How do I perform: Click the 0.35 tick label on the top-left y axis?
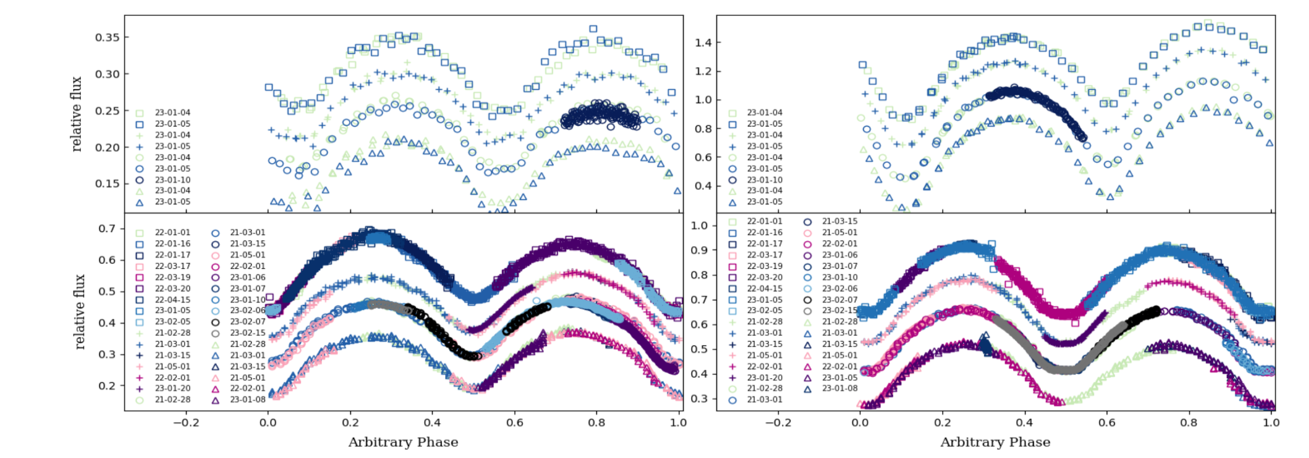(107, 37)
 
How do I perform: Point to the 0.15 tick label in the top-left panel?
(107, 183)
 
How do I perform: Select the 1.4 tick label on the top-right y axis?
(703, 43)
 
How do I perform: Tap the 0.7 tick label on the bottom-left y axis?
(107, 228)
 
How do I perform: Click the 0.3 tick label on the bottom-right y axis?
(699, 399)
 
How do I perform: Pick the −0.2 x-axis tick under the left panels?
(185, 423)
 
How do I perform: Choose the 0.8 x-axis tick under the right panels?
(1189, 423)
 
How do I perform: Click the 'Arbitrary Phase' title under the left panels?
(403, 442)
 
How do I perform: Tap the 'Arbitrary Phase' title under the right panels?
(995, 442)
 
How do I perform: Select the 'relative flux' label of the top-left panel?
(77, 114)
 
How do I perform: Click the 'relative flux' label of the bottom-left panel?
(79, 311)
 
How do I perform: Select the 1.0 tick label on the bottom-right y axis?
(699, 226)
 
